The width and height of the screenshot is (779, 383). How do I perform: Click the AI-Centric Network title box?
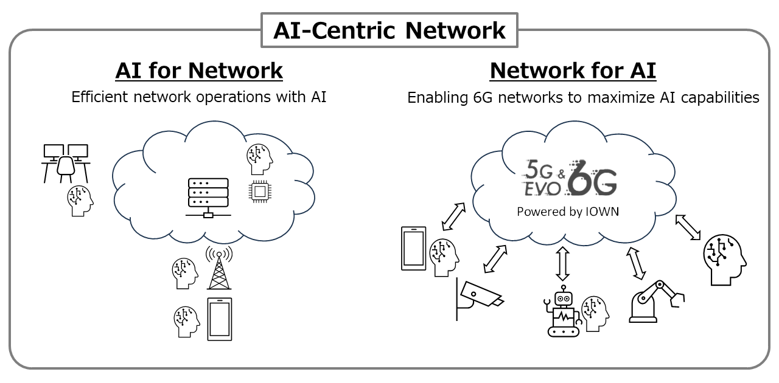[389, 30]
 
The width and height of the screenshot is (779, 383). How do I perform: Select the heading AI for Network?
[199, 71]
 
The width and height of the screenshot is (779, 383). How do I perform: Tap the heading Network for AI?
[573, 71]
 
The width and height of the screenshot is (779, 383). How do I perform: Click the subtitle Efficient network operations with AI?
[199, 97]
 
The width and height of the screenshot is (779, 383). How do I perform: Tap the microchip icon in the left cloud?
[260, 191]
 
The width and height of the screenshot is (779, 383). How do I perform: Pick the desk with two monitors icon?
[66, 162]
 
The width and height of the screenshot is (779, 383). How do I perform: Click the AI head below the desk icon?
[80, 201]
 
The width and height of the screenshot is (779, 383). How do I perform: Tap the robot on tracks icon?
[564, 311]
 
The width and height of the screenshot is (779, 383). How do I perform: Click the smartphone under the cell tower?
[220, 319]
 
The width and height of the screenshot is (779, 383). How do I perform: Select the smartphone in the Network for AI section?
[413, 248]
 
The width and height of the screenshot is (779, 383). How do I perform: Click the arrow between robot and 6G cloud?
[563, 264]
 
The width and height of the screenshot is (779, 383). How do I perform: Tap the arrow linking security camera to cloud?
[495, 259]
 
